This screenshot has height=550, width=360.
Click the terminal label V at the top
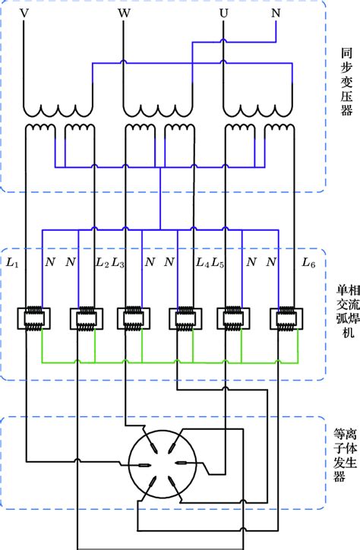(x=24, y=13)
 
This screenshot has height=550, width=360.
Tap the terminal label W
(x=124, y=13)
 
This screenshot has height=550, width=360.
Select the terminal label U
(x=223, y=13)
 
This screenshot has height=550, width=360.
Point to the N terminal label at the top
(x=275, y=13)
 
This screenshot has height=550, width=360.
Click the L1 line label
(x=12, y=263)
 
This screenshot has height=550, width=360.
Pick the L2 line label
(x=101, y=263)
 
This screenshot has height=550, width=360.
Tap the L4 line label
(x=202, y=263)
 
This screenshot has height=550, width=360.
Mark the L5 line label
(x=218, y=263)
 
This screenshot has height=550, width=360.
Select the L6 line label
(x=308, y=263)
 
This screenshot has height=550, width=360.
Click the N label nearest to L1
(x=50, y=263)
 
